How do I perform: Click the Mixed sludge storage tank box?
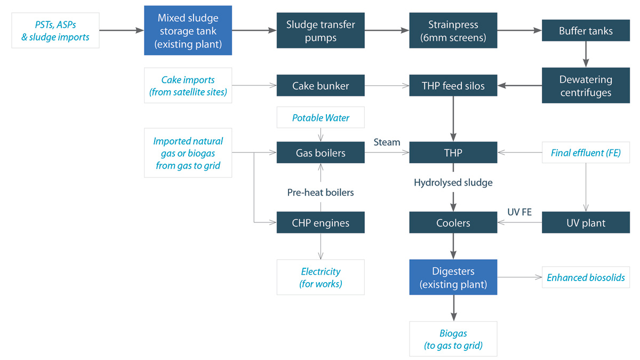pyautogui.click(x=188, y=30)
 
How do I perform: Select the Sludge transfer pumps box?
pyautogui.click(x=321, y=30)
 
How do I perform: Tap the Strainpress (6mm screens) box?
pyautogui.click(x=453, y=30)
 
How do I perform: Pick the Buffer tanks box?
pyautogui.click(x=586, y=30)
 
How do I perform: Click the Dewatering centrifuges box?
pyautogui.click(x=586, y=85)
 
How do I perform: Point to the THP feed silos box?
pyautogui.click(x=453, y=85)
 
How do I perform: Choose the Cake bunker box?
pyautogui.click(x=321, y=85)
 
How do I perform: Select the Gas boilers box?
pyautogui.click(x=321, y=153)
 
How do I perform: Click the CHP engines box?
pyautogui.click(x=321, y=222)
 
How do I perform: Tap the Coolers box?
pyautogui.click(x=453, y=222)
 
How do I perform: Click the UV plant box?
pyautogui.click(x=586, y=222)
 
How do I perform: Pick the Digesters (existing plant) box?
pyautogui.click(x=453, y=277)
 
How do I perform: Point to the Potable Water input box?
pyautogui.click(x=321, y=117)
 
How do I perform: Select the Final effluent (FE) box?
pyautogui.click(x=586, y=153)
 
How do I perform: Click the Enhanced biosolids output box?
pyautogui.click(x=586, y=277)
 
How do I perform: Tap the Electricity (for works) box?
pyautogui.click(x=321, y=277)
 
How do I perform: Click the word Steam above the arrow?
pyautogui.click(x=387, y=142)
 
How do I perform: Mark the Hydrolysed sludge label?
pyautogui.click(x=453, y=182)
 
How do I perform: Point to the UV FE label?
pyautogui.click(x=519, y=212)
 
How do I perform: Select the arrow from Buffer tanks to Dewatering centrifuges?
pyautogui.click(x=586, y=54)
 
